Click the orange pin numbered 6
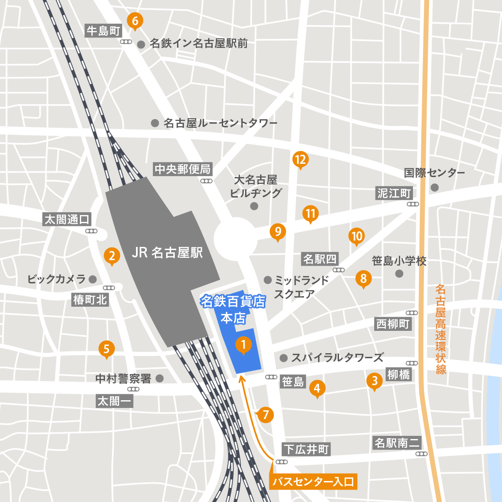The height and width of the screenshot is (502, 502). pos(135,21)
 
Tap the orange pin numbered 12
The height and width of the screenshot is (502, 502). pos(300,159)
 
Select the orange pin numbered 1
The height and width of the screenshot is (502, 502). pos(243,345)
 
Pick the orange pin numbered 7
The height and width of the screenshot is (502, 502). pos(266,415)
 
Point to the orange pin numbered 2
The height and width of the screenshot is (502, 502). pos(112,256)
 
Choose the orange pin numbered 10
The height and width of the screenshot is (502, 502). pos(356,236)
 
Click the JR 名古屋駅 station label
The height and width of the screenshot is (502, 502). pos(167,252)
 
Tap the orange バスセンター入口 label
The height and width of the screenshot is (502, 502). pos(313,481)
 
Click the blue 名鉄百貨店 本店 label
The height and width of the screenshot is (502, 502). pos(233,309)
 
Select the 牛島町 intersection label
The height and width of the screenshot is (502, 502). pos(104,31)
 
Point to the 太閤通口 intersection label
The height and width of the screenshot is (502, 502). pos(67,219)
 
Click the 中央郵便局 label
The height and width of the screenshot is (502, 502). pos(183,169)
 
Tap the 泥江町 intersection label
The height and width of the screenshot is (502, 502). pos(394,193)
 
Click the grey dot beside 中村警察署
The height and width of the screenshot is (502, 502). pos(160,378)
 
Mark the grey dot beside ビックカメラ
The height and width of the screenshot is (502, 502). pos(93,279)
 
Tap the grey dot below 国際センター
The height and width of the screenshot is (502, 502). pos(434,188)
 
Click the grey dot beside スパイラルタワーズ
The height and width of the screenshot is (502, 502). pos(283,358)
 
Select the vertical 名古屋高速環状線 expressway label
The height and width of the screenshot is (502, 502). pos(440,329)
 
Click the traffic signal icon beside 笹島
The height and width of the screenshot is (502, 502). pos(271,377)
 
